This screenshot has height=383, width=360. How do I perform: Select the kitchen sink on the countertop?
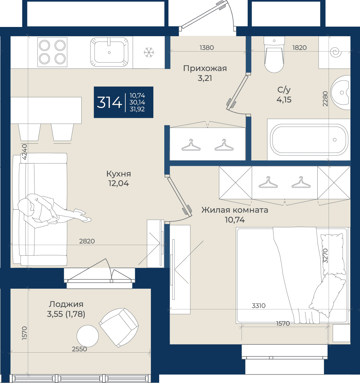pyautogui.click(x=109, y=52)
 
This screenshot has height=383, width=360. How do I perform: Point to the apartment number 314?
pyautogui.click(x=109, y=102)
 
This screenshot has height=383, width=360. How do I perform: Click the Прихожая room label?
pyautogui.click(x=205, y=68)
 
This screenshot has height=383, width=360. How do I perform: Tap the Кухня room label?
pyautogui.click(x=119, y=174)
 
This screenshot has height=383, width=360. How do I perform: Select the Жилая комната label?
pyautogui.click(x=235, y=210)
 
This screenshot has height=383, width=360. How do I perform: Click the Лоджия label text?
pyautogui.click(x=66, y=304)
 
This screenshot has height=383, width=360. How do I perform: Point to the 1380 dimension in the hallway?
pyautogui.click(x=207, y=48)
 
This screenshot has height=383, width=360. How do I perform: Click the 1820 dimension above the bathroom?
pyautogui.click(x=300, y=48)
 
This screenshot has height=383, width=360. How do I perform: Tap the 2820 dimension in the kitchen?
pyautogui.click(x=87, y=241)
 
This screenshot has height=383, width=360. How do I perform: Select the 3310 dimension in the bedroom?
pyautogui.click(x=259, y=306)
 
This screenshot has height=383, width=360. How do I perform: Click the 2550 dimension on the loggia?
pyautogui.click(x=80, y=349)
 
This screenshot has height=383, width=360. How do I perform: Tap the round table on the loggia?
pyautogui.click(x=87, y=336)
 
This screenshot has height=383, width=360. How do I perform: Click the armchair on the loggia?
pyautogui.click(x=119, y=327)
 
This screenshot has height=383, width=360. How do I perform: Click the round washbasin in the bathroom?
pyautogui.click(x=341, y=93)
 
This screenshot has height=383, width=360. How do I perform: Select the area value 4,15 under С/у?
pyautogui.click(x=284, y=100)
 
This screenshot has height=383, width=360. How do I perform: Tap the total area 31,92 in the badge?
pyautogui.click(x=137, y=109)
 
